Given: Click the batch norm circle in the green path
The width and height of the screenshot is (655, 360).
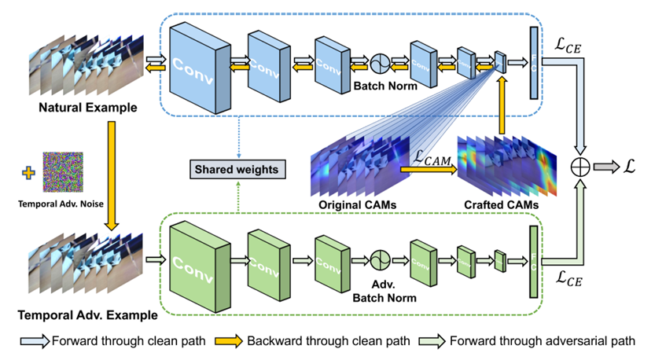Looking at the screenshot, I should click(381, 259).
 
